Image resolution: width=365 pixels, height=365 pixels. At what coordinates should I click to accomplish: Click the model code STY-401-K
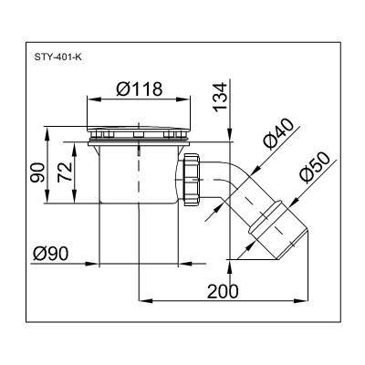[x=57, y=57]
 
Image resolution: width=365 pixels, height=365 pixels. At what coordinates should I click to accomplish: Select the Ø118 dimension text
[x=140, y=89]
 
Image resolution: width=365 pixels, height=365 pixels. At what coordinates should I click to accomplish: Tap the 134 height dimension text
[x=220, y=96]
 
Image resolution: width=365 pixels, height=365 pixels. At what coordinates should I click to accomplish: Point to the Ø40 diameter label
[x=277, y=134]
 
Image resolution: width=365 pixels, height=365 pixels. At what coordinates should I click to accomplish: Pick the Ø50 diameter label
[x=314, y=167]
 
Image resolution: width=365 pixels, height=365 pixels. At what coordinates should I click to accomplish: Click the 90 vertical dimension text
[x=37, y=172]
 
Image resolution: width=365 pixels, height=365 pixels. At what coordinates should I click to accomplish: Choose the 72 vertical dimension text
[x=65, y=172]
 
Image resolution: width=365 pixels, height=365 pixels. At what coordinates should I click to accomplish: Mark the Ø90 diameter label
[x=50, y=254]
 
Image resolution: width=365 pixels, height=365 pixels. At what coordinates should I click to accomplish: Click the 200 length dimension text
[x=223, y=291]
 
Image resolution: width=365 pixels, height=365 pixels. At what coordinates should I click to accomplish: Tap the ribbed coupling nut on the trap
[x=192, y=180]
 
